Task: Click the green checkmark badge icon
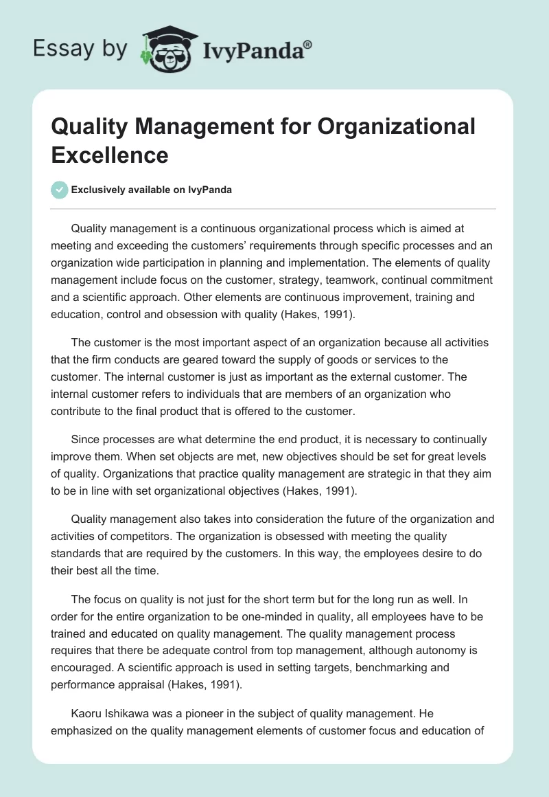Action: [x=60, y=190]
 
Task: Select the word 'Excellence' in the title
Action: [x=110, y=155]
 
